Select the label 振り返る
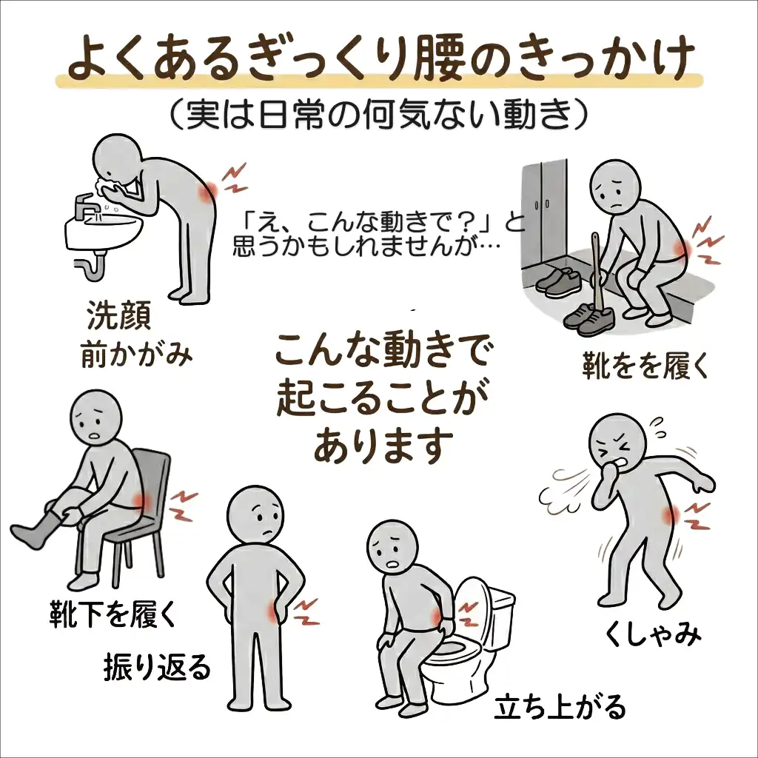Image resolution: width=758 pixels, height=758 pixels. point(157,667)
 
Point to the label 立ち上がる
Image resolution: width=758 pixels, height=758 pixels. point(560,707)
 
